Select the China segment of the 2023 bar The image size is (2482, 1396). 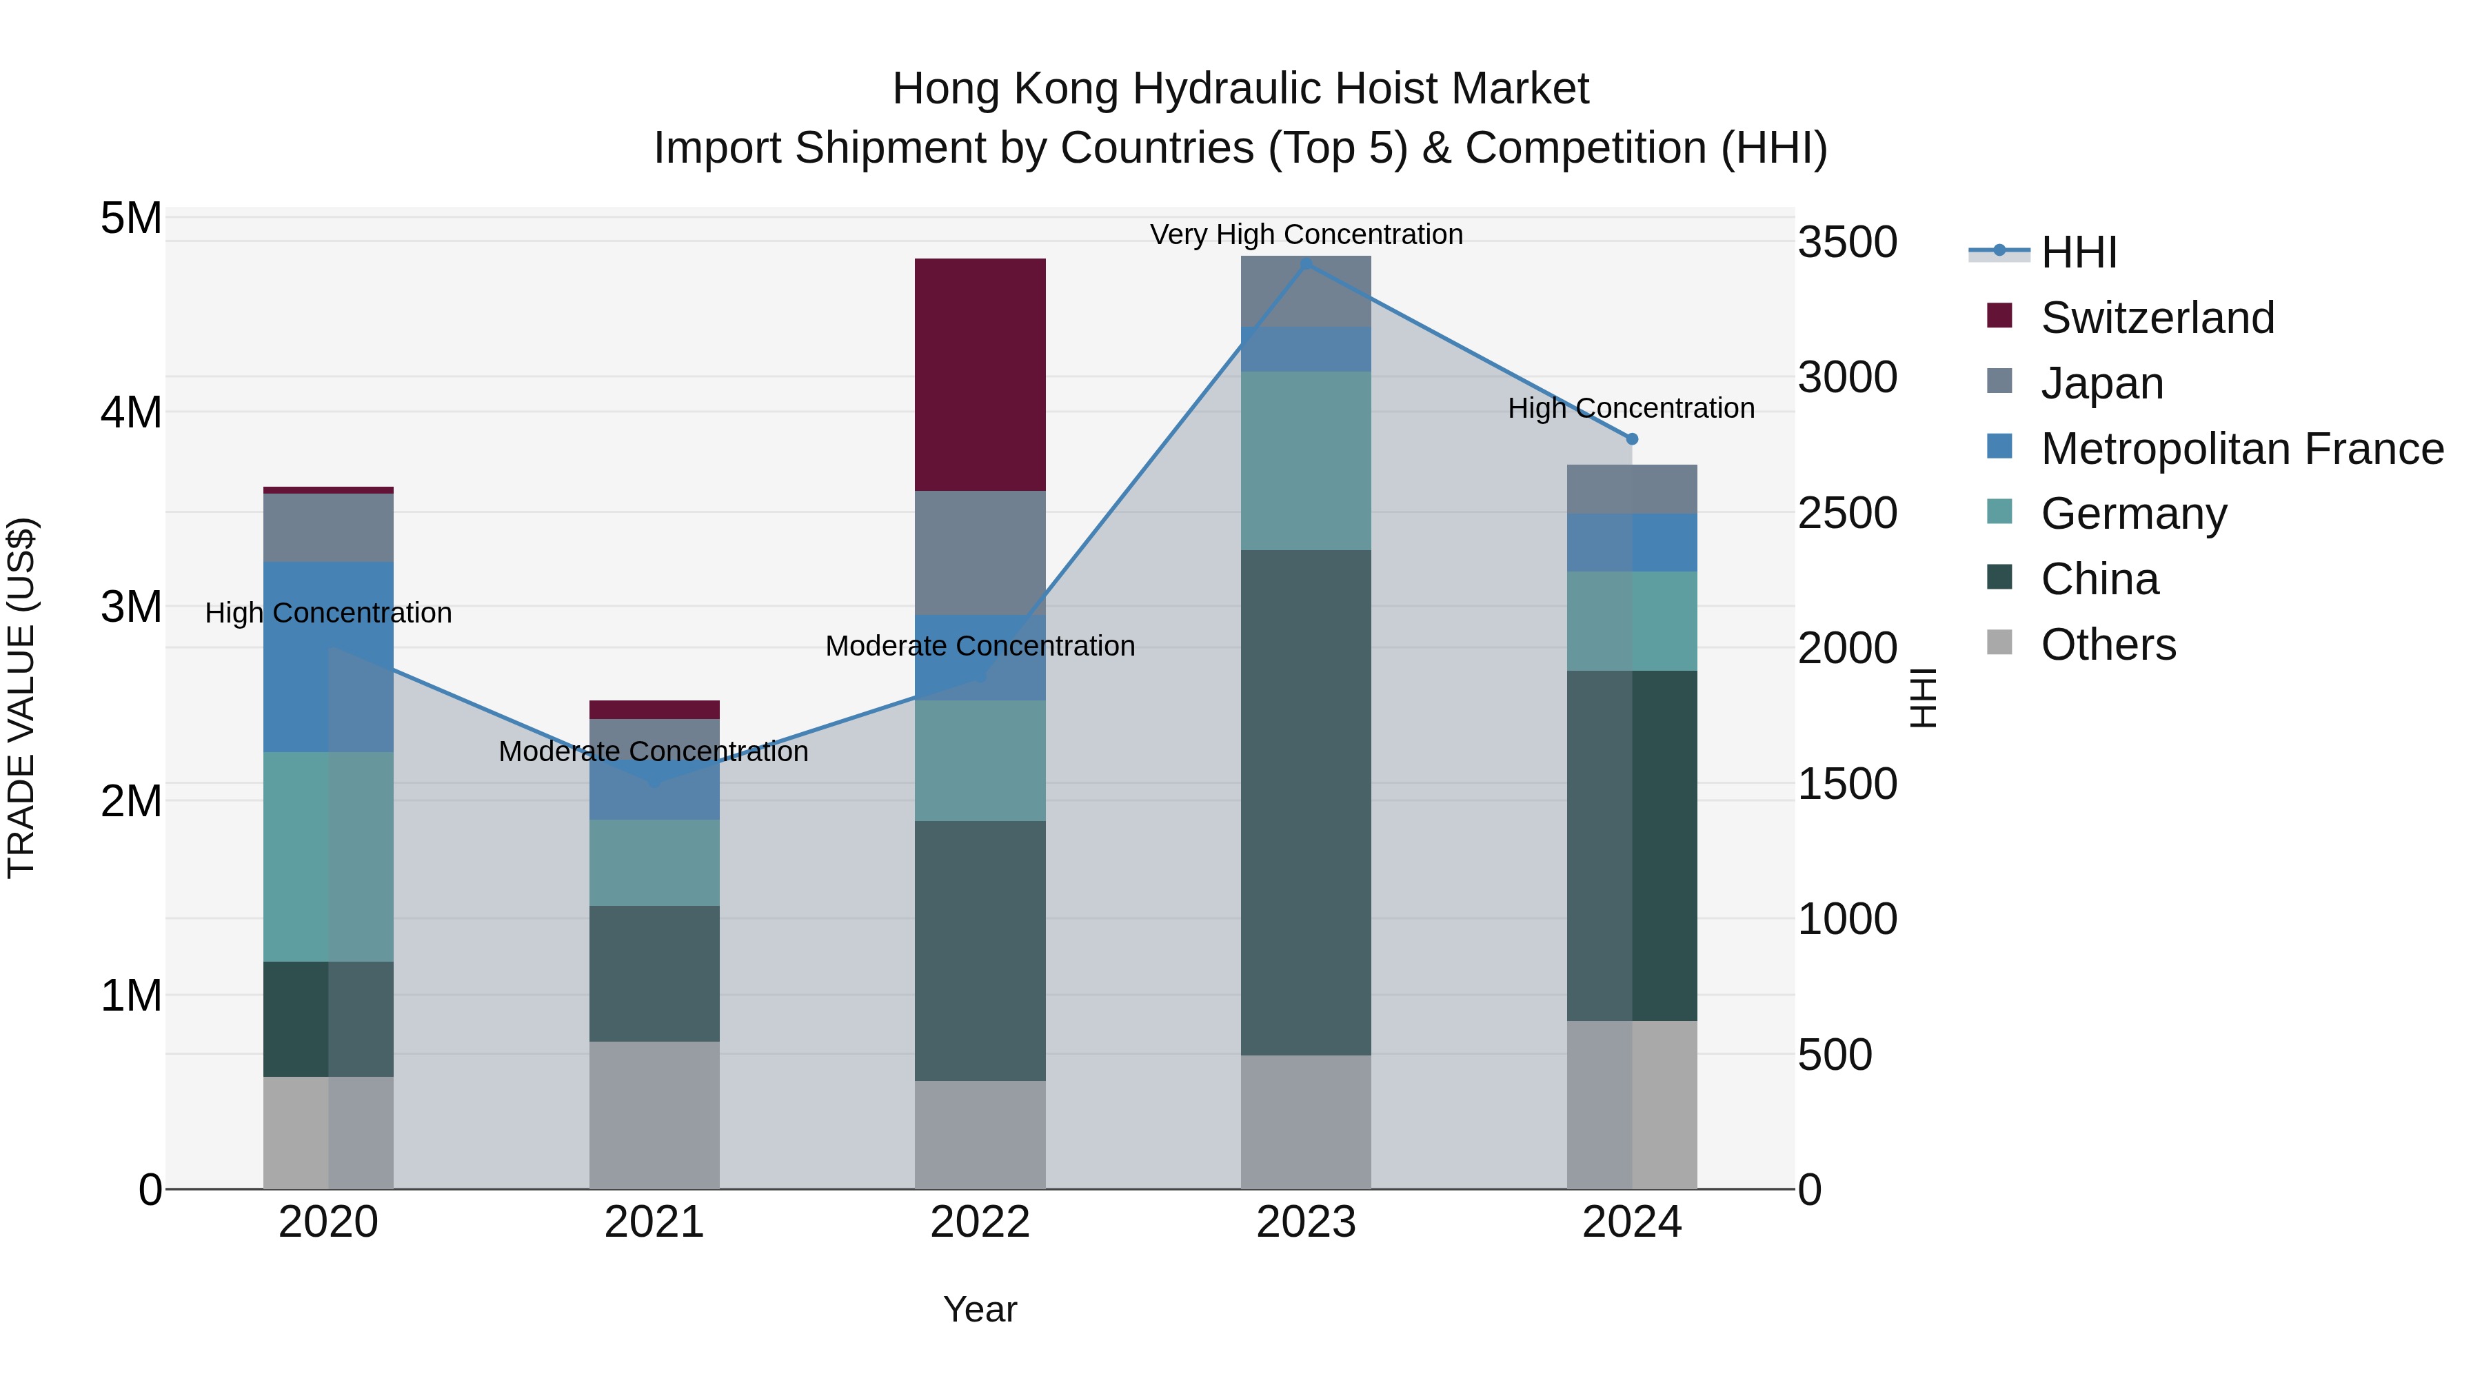click(x=1306, y=802)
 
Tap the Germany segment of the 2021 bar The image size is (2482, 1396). click(x=654, y=862)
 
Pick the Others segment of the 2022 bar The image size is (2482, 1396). click(x=980, y=1134)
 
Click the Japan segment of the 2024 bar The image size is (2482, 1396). click(x=1631, y=489)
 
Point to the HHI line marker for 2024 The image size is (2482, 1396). click(x=1631, y=439)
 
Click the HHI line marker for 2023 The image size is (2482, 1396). click(x=1306, y=263)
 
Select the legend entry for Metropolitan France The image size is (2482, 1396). click(x=2241, y=448)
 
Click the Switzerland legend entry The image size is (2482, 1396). click(x=2157, y=317)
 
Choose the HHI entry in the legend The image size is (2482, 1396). click(x=2077, y=252)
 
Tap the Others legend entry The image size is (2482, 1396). click(x=2107, y=644)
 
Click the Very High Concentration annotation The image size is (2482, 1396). click(x=1306, y=234)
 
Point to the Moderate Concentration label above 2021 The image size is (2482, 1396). click(x=654, y=751)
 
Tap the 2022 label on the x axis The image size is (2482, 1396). click(x=980, y=1222)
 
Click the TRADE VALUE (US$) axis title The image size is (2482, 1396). click(x=21, y=698)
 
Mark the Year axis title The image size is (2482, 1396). click(x=980, y=1309)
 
